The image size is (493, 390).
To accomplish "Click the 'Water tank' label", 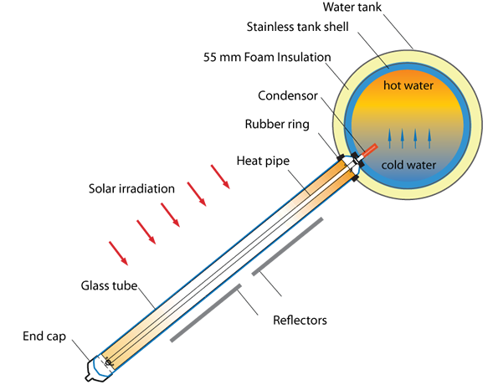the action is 352,7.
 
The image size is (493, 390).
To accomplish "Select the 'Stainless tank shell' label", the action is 297,27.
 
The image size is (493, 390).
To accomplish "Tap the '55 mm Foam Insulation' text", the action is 267,57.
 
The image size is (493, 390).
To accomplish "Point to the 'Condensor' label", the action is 288,95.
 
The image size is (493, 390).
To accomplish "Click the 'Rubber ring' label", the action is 277,124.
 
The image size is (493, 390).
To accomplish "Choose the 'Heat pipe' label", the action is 263,161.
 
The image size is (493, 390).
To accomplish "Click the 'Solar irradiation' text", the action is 131,188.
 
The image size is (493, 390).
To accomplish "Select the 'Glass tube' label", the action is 109,285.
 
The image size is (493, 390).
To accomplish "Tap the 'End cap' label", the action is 44,336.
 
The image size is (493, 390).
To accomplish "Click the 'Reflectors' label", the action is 300,321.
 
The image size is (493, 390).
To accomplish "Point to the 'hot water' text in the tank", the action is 408,85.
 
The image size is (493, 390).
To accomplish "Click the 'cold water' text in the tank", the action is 408,165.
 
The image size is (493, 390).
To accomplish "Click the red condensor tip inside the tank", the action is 369,150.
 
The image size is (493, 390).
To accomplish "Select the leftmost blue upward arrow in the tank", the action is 389,138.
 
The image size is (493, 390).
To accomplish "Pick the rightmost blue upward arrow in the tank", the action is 429,138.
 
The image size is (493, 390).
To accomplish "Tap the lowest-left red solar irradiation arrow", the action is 119,254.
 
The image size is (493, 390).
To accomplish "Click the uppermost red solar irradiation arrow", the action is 220,177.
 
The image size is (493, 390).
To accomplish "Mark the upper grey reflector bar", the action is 287,246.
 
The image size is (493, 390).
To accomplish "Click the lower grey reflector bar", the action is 206,313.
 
